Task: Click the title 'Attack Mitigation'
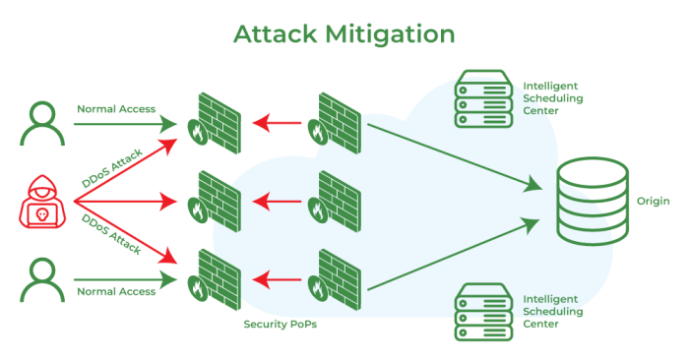click(x=344, y=33)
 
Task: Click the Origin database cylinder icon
click(x=592, y=203)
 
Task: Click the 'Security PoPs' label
click(x=281, y=324)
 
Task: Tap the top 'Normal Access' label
click(x=116, y=109)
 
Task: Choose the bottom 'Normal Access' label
click(x=116, y=292)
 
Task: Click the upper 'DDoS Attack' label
click(x=112, y=168)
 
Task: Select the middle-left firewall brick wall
click(x=217, y=199)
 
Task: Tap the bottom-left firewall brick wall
click(x=217, y=276)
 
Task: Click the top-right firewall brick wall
click(x=338, y=120)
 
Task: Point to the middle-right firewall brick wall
click(x=338, y=199)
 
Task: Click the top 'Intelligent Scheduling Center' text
click(x=553, y=98)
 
